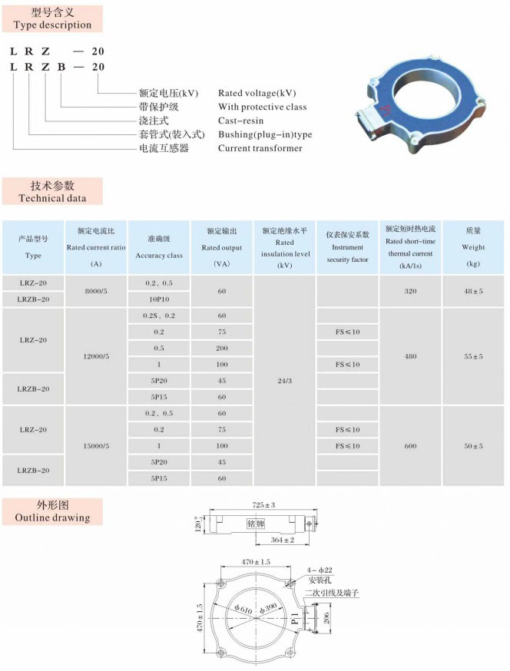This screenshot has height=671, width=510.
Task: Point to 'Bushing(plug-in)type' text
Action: click(x=265, y=134)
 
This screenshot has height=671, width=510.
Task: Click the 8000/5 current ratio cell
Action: click(x=96, y=292)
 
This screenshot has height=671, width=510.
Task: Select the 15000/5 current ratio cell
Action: click(x=96, y=445)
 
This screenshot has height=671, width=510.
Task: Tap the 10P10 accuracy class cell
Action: click(x=158, y=299)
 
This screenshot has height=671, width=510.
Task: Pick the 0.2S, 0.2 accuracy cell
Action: click(x=158, y=316)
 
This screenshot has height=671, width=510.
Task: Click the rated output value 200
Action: click(x=221, y=348)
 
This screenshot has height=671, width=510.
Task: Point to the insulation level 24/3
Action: click(x=284, y=380)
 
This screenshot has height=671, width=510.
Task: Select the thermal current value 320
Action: click(x=410, y=292)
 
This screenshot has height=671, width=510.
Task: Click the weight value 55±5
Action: click(x=473, y=356)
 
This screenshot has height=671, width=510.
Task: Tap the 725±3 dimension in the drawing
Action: click(x=262, y=504)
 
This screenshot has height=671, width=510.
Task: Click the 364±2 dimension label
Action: click(x=284, y=540)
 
